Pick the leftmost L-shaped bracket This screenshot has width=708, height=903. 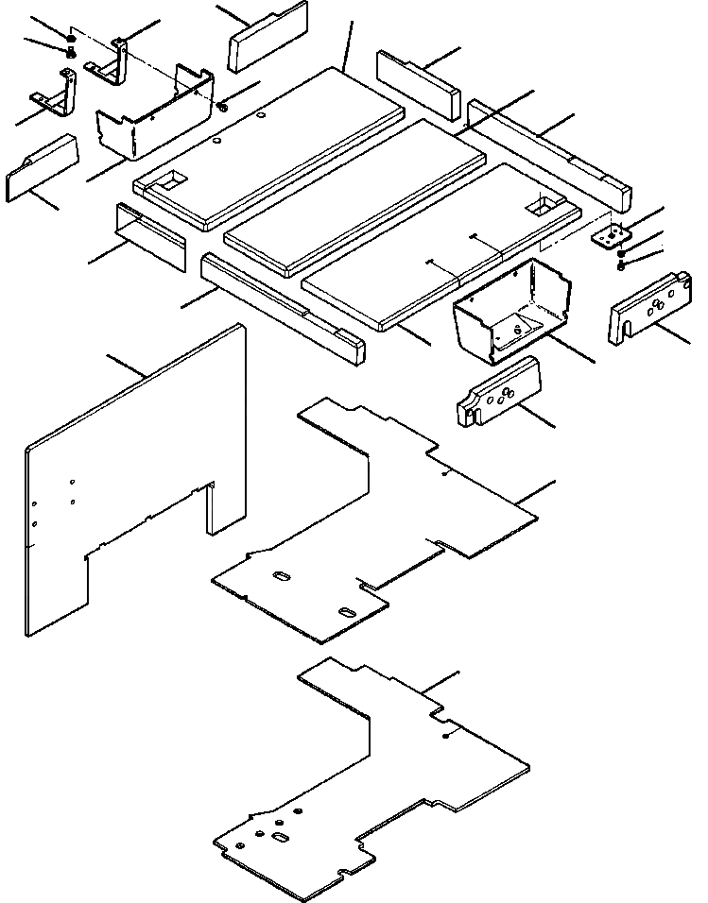[x=59, y=94]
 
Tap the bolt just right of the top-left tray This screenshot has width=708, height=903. [x=221, y=106]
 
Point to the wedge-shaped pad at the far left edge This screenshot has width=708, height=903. [x=42, y=165]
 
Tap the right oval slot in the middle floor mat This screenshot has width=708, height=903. [x=347, y=614]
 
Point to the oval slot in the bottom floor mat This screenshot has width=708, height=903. [x=281, y=838]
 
